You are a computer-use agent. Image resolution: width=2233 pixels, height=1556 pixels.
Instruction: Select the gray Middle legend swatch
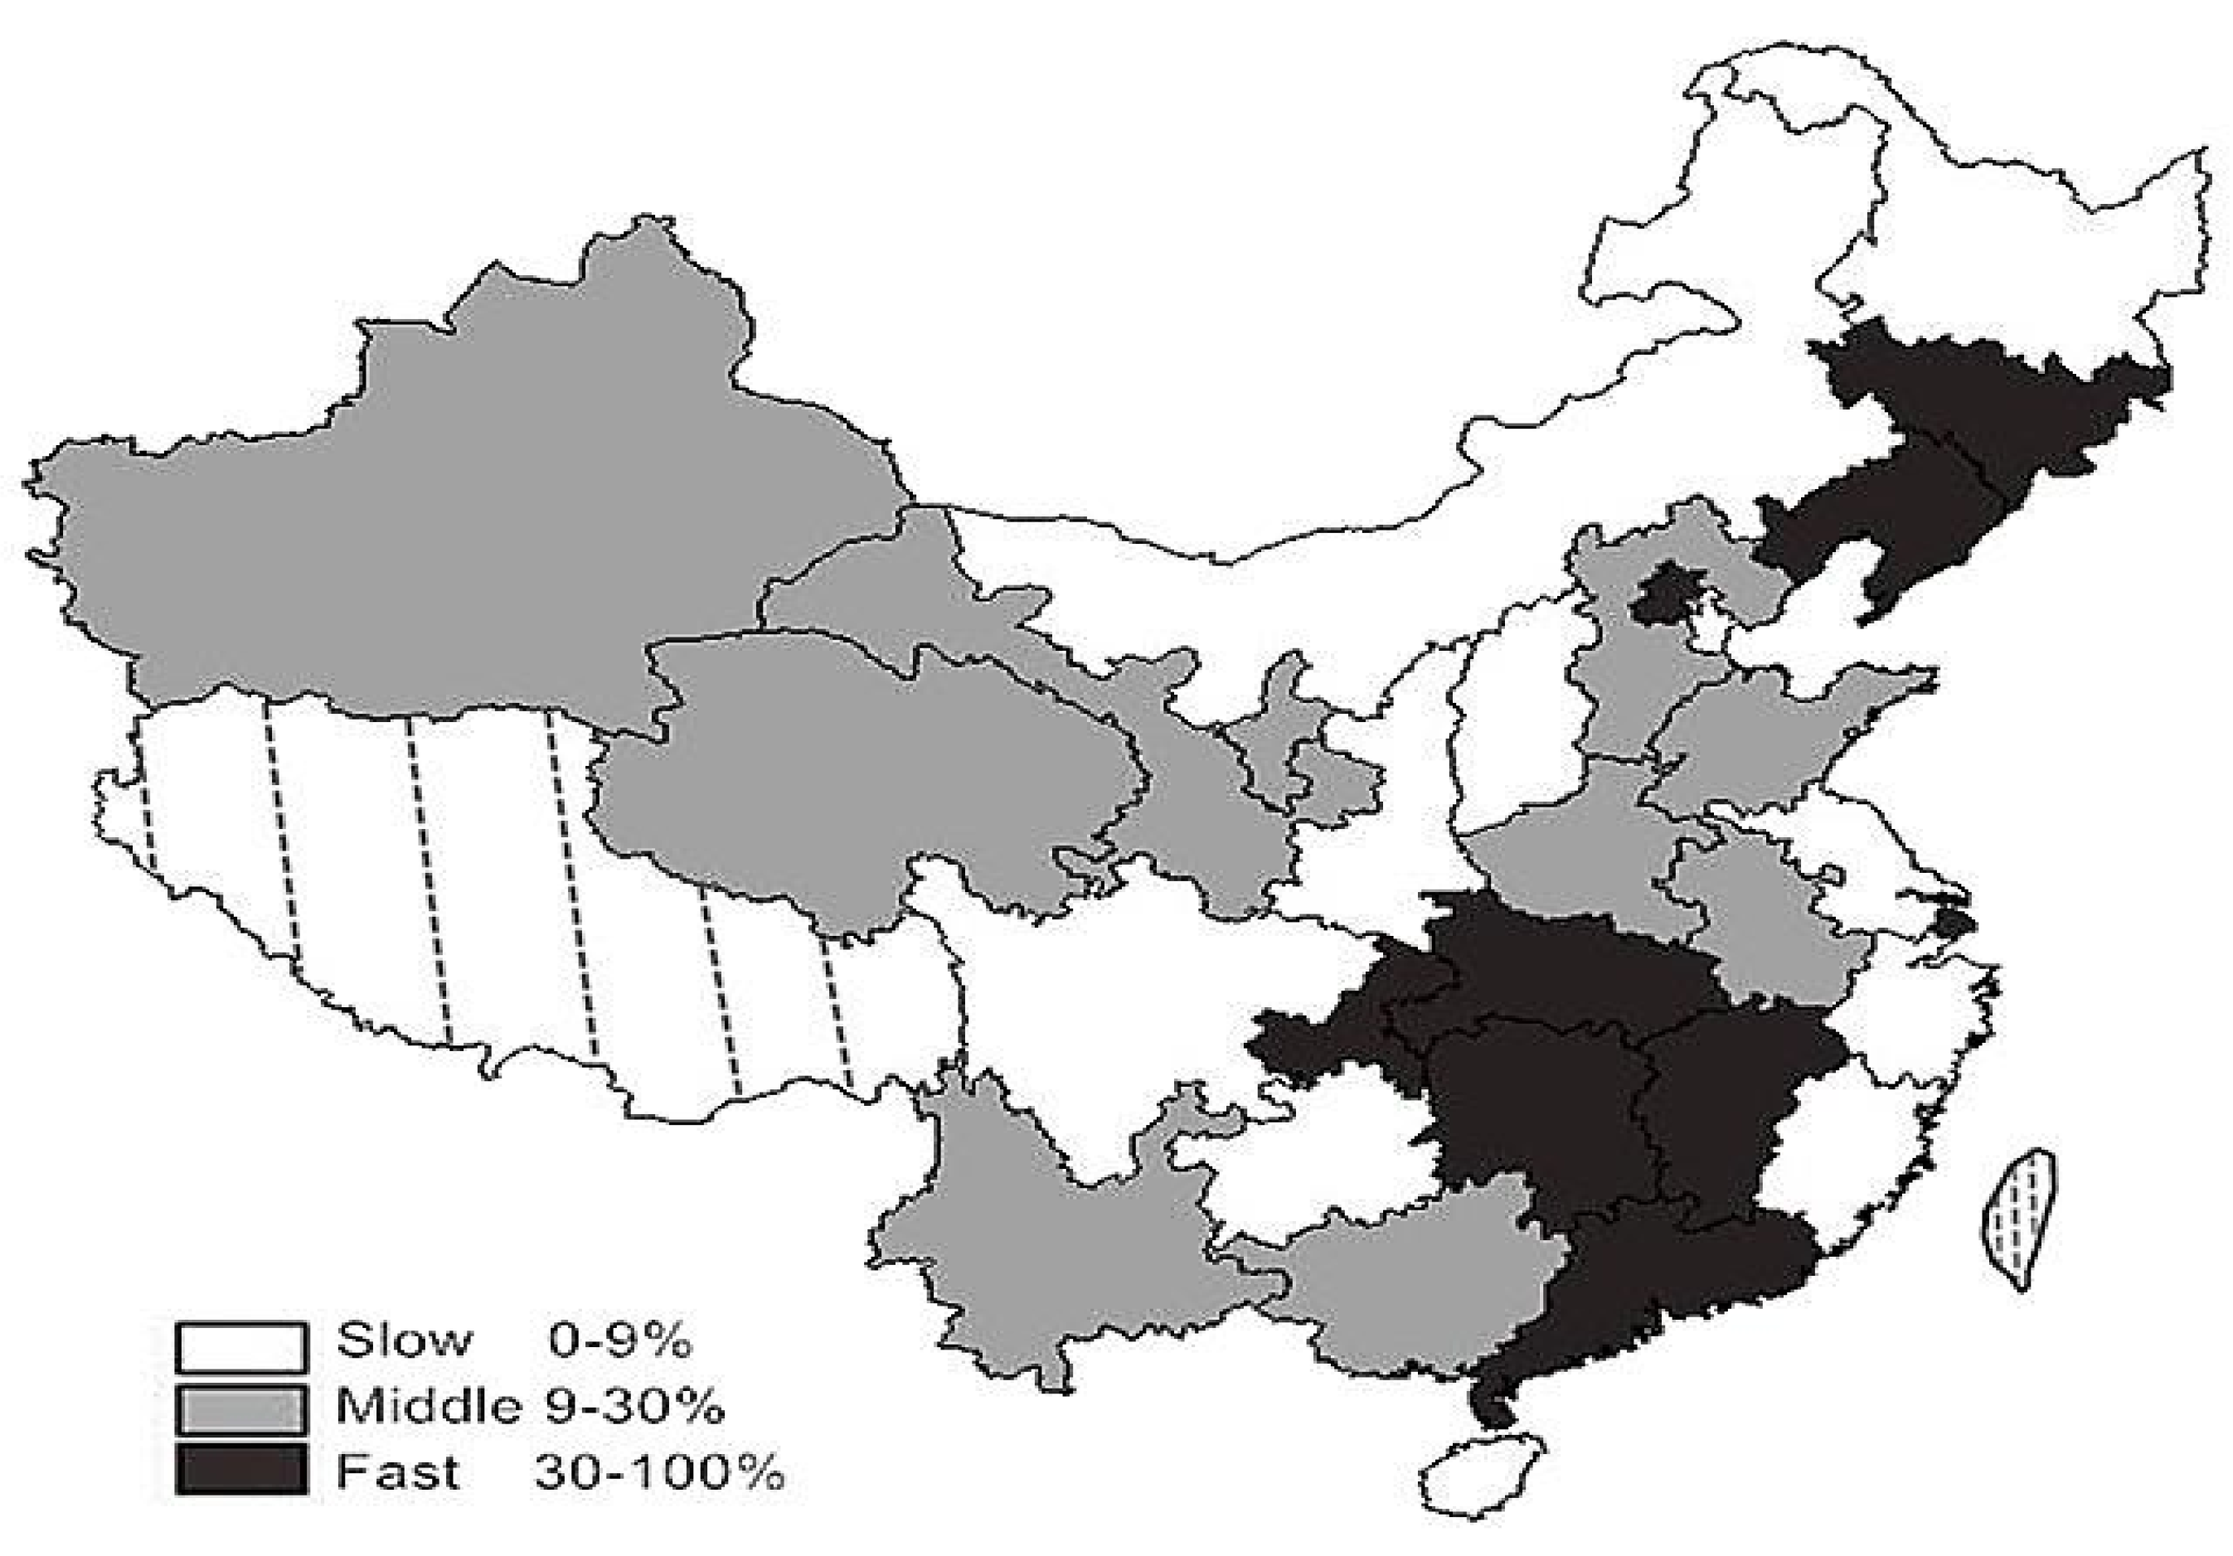coord(241,1409)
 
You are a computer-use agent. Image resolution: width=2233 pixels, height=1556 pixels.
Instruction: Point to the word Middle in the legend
coord(427,1406)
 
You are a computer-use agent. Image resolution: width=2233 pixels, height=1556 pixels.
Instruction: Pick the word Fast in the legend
coord(397,1472)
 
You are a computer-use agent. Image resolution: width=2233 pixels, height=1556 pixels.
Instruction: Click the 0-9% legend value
coord(619,1342)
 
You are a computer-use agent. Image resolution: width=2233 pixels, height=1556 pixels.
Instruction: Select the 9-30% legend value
coord(634,1406)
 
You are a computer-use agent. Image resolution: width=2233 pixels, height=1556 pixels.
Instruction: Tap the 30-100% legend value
coord(658,1472)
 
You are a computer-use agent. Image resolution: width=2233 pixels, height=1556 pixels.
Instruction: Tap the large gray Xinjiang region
coord(438,506)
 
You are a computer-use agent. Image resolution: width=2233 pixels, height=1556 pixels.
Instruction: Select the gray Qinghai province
coord(856,768)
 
